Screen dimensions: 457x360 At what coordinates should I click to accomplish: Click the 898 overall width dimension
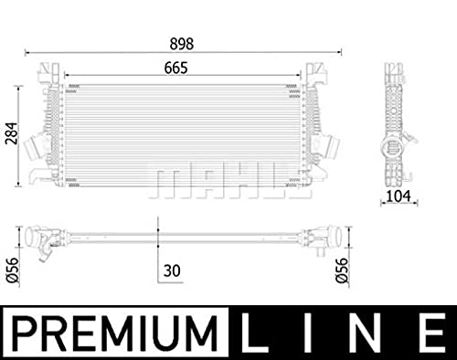coord(182,44)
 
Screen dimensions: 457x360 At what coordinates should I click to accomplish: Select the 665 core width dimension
coord(175,68)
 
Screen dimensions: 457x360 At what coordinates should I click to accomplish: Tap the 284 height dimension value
coord(11,133)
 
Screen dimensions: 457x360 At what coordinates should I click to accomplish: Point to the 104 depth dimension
coord(399,196)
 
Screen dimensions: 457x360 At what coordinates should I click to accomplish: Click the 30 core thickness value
coord(172,270)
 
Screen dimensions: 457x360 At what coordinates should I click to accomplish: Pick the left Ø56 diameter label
coord(13,270)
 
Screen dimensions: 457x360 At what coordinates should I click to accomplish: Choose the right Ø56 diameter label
coord(342,270)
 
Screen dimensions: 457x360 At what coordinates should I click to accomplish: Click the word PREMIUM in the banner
coord(115,334)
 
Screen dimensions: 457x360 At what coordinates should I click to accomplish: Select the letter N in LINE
coord(365,334)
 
